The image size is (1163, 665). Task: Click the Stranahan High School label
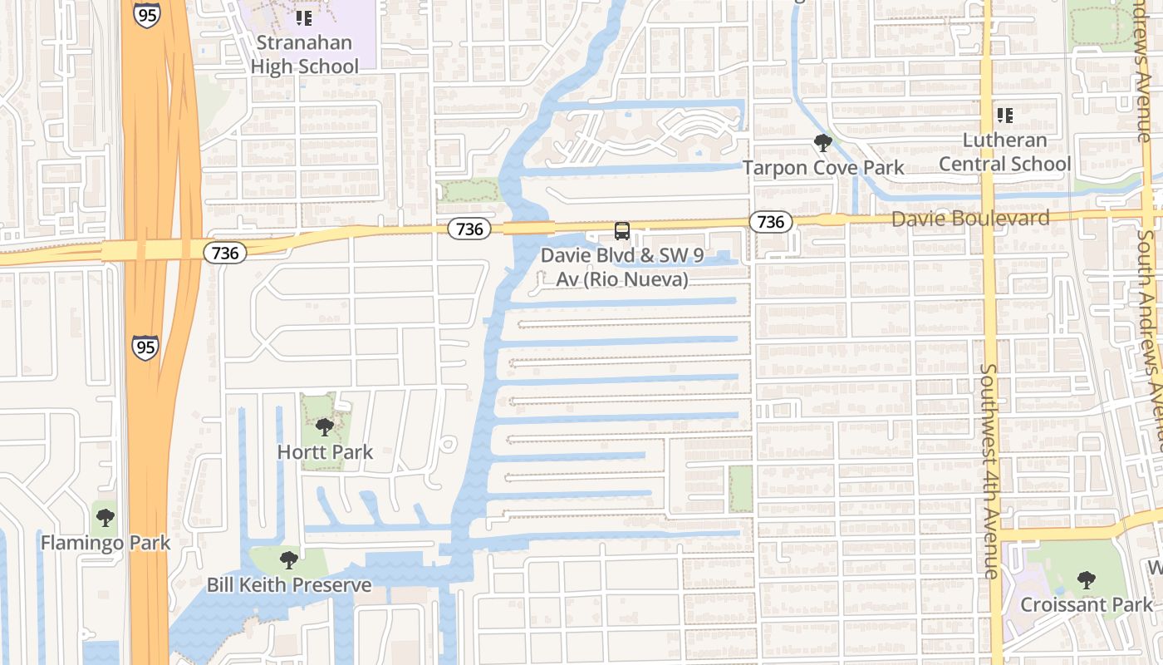click(x=305, y=54)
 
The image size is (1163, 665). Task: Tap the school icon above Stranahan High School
click(x=304, y=17)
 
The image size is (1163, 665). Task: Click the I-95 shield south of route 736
click(x=145, y=347)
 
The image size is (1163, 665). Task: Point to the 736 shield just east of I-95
click(x=225, y=252)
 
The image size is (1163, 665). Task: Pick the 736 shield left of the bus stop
click(x=470, y=229)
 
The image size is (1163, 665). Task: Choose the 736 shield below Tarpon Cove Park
click(x=771, y=221)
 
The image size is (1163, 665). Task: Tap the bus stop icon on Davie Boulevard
click(x=621, y=231)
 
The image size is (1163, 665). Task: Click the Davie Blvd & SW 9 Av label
click(x=622, y=267)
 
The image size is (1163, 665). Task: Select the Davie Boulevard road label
click(x=970, y=218)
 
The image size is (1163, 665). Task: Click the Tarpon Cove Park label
click(x=823, y=167)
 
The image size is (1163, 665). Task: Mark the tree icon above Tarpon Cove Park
click(x=823, y=143)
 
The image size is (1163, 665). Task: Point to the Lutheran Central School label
click(x=1005, y=152)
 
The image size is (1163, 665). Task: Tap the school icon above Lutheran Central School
click(x=1005, y=116)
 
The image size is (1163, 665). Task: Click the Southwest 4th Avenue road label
click(x=989, y=470)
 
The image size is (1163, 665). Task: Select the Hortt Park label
click(x=325, y=452)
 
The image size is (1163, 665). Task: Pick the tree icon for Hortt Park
click(x=325, y=427)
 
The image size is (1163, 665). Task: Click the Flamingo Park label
click(x=106, y=543)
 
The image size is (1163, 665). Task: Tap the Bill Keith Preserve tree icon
click(x=288, y=559)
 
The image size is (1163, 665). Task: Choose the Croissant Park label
click(x=1087, y=604)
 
